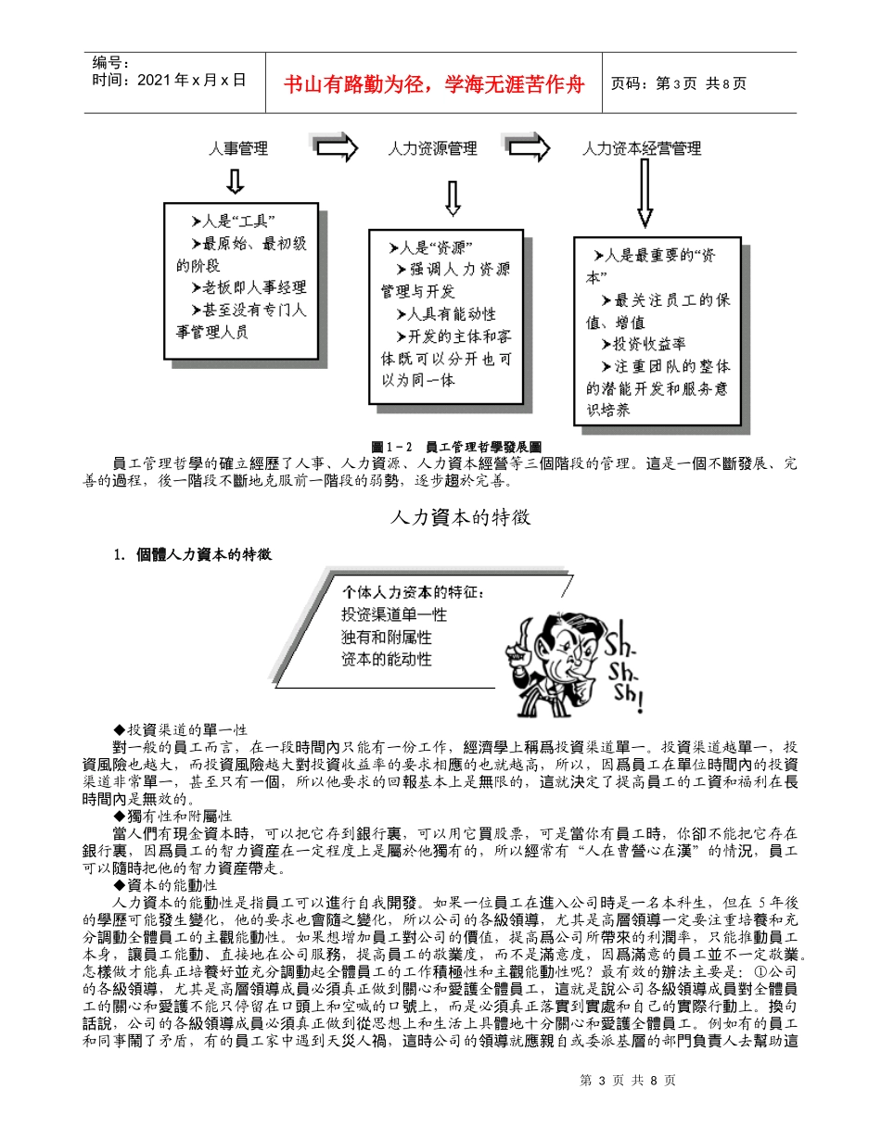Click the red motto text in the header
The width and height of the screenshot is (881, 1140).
pyautogui.click(x=434, y=83)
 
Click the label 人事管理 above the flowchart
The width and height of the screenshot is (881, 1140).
pyautogui.click(x=238, y=148)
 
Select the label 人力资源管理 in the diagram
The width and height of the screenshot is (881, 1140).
pyautogui.click(x=432, y=148)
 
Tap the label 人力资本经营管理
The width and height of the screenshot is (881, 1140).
pyautogui.click(x=641, y=148)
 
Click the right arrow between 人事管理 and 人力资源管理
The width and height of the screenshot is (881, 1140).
pyautogui.click(x=335, y=147)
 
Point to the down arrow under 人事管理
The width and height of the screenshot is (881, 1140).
pyautogui.click(x=235, y=181)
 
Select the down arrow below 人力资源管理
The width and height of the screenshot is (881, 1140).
pyautogui.click(x=453, y=197)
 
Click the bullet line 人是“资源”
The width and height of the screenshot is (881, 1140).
pyautogui.click(x=431, y=247)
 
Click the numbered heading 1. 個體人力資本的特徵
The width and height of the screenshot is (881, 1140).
pyautogui.click(x=192, y=554)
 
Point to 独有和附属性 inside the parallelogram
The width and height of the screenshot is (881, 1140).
pyautogui.click(x=386, y=637)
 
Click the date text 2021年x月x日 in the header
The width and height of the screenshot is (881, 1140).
pyautogui.click(x=170, y=80)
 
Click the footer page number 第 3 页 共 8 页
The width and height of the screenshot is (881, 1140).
pyautogui.click(x=627, y=1080)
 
